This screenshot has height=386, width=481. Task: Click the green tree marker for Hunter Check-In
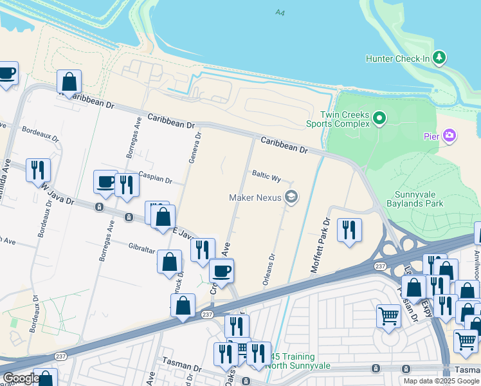(x=440, y=59)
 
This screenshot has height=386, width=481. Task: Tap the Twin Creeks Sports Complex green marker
(x=379, y=118)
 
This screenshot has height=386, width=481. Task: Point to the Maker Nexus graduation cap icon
(x=291, y=197)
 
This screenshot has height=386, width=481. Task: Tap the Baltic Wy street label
(x=267, y=176)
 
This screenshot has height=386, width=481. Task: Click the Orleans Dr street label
(x=269, y=270)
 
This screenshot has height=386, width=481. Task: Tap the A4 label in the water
(x=279, y=13)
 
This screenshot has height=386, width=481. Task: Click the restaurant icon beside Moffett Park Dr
(x=349, y=229)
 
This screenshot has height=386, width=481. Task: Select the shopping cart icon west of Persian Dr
(x=389, y=317)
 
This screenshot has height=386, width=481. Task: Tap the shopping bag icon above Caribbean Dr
(x=69, y=82)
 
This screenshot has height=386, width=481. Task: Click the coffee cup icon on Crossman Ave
(x=222, y=271)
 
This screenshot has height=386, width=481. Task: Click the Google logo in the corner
(x=21, y=379)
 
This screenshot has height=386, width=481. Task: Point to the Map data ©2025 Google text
(x=442, y=381)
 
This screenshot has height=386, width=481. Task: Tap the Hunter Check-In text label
(x=397, y=59)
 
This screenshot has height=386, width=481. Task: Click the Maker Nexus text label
(x=255, y=197)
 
